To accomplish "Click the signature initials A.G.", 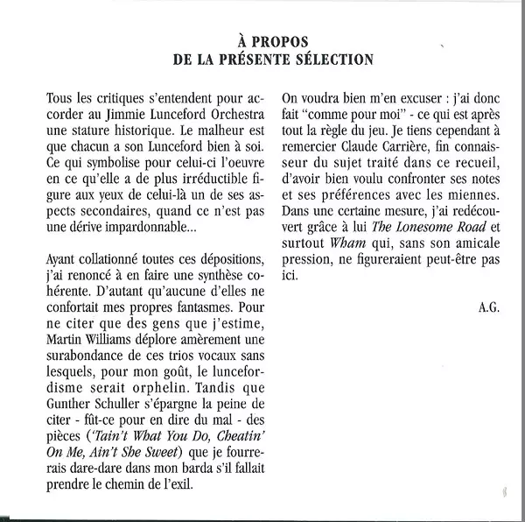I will pyautogui.click(x=488, y=306).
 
